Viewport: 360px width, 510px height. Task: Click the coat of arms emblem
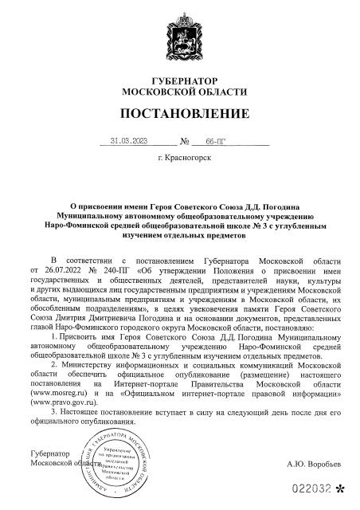(x=180, y=35)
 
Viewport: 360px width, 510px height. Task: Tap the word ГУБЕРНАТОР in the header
(x=179, y=82)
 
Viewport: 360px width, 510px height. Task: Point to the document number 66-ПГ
(x=216, y=143)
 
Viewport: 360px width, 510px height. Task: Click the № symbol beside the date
(x=184, y=143)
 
